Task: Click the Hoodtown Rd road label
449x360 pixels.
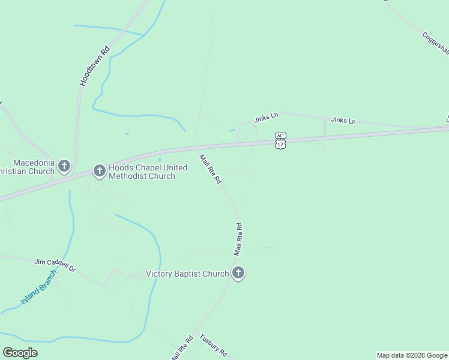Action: point(94,67)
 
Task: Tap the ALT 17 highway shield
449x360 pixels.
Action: point(280,140)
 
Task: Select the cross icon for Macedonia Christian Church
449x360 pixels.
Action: point(64,166)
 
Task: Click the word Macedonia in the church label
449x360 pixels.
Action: point(34,163)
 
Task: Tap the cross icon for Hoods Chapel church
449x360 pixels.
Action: point(99,171)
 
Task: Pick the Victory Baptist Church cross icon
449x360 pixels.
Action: point(238,274)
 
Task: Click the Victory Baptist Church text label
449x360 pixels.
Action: point(187,274)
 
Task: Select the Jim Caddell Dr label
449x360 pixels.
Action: point(55,265)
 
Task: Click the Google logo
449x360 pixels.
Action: point(20,353)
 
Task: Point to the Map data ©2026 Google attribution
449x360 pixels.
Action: point(412,355)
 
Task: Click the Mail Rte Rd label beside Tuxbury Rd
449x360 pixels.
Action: point(182,347)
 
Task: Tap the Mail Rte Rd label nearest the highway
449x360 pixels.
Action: point(211,169)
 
